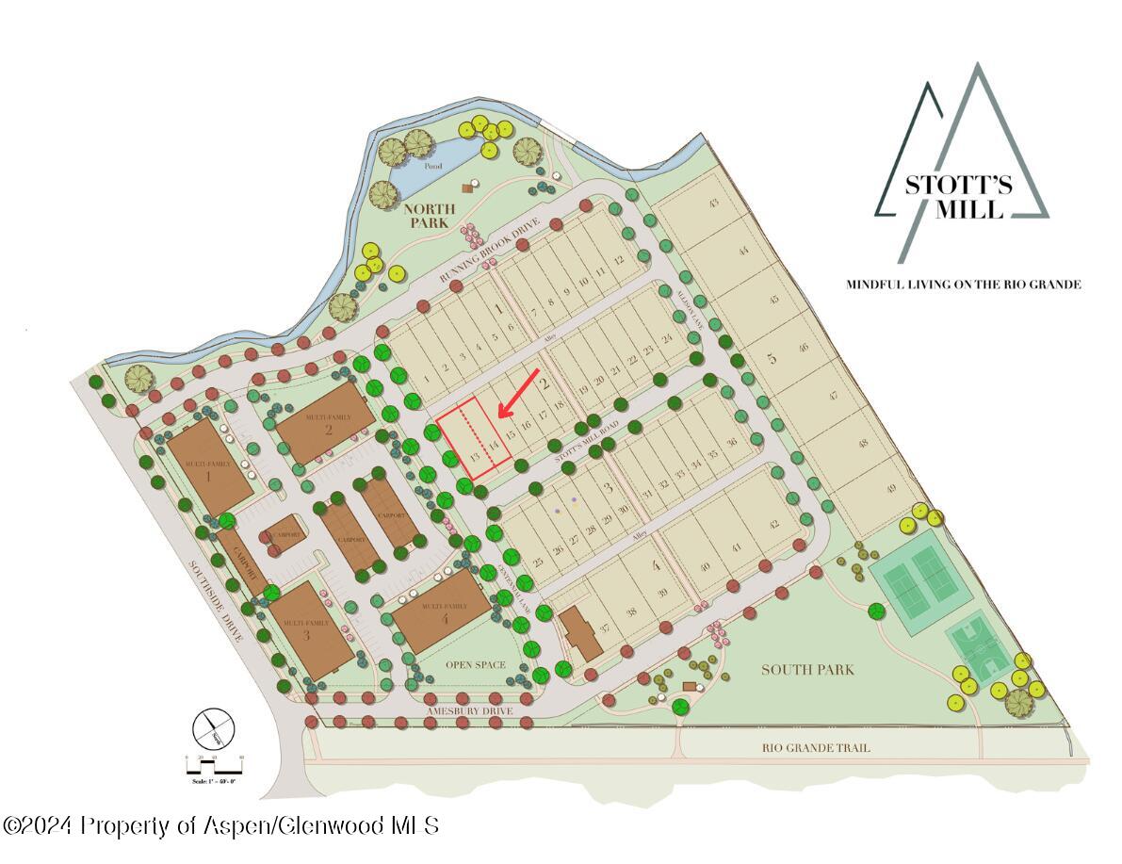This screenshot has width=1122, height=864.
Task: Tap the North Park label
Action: pos(430,216)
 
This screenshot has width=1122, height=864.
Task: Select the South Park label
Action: pos(807,669)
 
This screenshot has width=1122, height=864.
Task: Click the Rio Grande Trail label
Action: pos(816,748)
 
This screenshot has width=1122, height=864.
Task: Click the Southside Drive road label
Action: pos(218,602)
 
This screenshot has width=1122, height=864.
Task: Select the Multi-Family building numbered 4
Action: pos(441,612)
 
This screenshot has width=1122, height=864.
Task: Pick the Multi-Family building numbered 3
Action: pos(305,629)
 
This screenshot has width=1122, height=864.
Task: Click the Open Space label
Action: pos(476,665)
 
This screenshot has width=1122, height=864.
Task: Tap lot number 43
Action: pos(713,204)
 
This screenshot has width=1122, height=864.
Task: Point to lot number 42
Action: pos(774,524)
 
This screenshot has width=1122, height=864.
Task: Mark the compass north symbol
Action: pos(213,728)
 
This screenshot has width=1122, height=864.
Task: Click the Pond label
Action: pos(432,166)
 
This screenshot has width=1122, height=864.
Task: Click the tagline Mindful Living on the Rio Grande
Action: pos(963,284)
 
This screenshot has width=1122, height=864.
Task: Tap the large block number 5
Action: pos(772,358)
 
